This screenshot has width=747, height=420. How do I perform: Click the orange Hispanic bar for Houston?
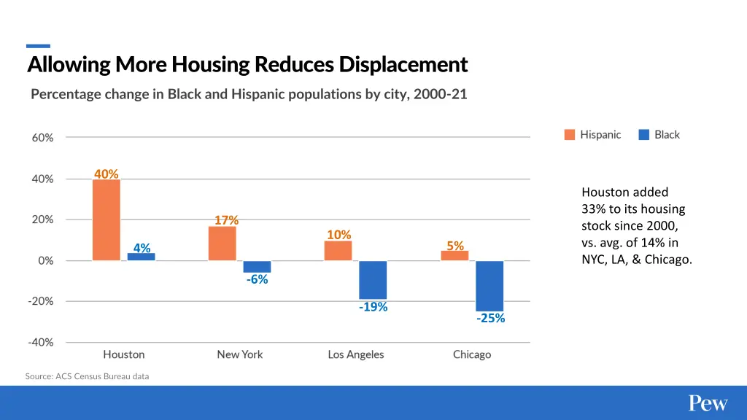coord(107,219)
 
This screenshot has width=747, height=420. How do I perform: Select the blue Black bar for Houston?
coord(142,257)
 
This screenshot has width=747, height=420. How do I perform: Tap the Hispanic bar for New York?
coord(222,243)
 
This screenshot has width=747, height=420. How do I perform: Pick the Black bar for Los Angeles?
coord(373,280)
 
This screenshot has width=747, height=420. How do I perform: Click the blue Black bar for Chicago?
coord(489,286)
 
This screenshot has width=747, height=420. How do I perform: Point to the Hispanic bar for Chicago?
coord(454,256)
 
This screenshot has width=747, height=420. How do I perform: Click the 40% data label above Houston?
coord(107,174)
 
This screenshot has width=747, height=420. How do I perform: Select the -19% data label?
coord(373,307)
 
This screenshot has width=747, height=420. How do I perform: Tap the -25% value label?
coord(490,318)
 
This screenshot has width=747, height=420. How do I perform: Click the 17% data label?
coord(226,220)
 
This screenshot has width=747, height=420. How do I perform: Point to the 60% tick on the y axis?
coord(42,138)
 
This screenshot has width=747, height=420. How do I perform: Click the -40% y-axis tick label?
coord(40,342)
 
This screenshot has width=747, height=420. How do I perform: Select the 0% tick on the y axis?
coord(45,261)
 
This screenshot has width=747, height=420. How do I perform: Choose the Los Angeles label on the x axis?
coord(356,354)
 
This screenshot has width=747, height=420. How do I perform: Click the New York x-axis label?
coord(239,354)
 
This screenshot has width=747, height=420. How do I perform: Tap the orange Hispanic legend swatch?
coord(570,135)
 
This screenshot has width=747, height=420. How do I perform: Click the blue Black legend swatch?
coord(643,135)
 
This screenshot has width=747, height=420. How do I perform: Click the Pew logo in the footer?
coord(708,403)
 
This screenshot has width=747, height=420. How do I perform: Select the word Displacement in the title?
coord(403,65)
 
